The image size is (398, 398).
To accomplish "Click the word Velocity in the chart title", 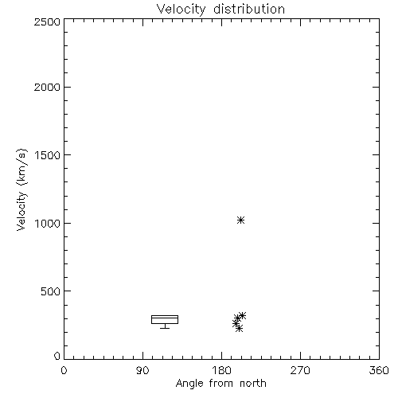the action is click(181, 10).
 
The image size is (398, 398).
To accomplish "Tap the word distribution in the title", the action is click(249, 9).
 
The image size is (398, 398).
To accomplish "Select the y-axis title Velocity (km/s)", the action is click(21, 189).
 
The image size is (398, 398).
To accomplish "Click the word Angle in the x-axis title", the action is click(189, 384).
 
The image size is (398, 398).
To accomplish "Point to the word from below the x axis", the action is click(221, 383).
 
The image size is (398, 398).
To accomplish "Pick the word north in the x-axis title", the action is click(253, 383).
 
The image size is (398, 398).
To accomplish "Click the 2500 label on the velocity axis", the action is click(47, 21).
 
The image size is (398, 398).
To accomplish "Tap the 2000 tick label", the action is click(47, 87).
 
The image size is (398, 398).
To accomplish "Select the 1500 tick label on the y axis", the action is click(48, 155).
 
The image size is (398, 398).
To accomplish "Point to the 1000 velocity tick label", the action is click(48, 224).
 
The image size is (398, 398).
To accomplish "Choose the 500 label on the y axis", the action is click(51, 291).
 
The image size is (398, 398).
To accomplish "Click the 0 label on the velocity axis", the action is click(57, 356).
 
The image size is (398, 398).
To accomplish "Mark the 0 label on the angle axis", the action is click(64, 370).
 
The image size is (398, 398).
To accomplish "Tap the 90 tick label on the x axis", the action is click(142, 370).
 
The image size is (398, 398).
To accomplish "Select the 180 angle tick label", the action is click(221, 370).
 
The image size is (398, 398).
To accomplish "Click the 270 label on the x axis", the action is click(300, 370).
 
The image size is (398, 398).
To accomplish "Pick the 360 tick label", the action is click(379, 370).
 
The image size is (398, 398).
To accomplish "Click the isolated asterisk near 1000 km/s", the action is click(240, 220).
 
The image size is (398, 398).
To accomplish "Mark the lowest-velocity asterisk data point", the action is click(239, 329).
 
